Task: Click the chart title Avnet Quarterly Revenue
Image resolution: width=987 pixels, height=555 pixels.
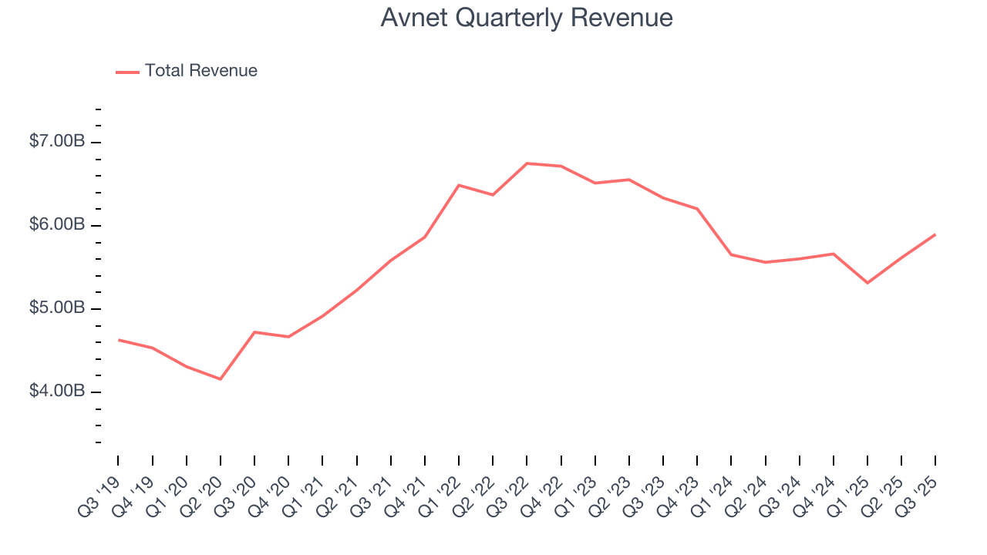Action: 527,18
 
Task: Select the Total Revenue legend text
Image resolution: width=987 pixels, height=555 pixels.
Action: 200,71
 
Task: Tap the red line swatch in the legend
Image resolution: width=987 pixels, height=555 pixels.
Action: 127,72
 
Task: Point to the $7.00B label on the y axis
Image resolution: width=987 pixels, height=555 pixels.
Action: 58,142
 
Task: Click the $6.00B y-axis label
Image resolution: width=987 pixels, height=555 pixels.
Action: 58,225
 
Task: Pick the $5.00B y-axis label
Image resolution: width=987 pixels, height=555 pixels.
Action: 58,308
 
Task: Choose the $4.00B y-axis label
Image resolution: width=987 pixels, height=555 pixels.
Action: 58,392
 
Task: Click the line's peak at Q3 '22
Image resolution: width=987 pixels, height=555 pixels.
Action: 527,163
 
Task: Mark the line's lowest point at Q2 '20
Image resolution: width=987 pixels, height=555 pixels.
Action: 221,379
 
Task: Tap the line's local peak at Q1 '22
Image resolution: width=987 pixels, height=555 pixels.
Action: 459,185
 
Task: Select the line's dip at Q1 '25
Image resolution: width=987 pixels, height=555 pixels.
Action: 867,283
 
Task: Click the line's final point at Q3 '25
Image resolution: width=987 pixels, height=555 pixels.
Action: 935,234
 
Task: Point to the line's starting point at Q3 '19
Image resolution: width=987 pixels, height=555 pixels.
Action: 118,339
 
